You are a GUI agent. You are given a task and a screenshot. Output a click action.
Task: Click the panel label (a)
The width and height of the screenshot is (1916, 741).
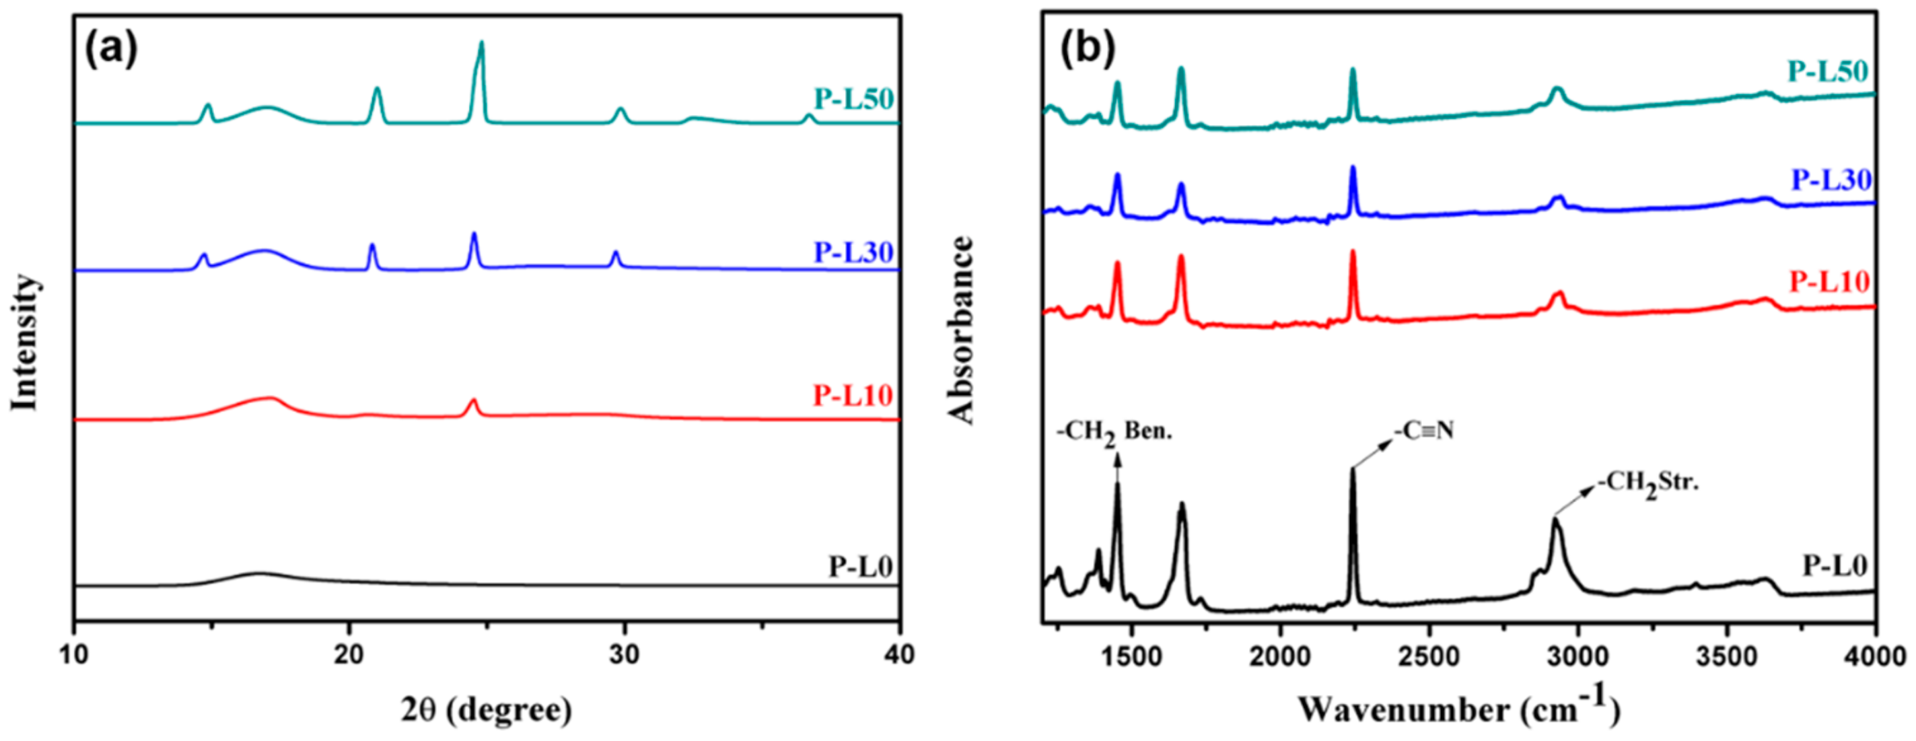pyautogui.click(x=112, y=50)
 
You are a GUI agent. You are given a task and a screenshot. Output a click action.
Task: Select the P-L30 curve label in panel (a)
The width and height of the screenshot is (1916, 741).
pyautogui.click(x=853, y=252)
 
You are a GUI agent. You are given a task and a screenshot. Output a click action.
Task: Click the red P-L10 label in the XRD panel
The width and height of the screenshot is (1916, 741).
pyautogui.click(x=853, y=395)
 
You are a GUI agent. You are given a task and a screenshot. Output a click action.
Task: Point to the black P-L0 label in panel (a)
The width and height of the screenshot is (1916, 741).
pyautogui.click(x=860, y=567)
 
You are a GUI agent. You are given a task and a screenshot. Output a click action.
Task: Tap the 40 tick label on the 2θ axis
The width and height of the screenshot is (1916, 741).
pyautogui.click(x=899, y=655)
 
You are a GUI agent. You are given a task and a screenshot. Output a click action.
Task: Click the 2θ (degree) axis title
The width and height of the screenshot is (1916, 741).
pyautogui.click(x=487, y=709)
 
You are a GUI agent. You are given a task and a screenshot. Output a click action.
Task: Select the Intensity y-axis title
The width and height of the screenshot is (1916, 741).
pyautogui.click(x=24, y=341)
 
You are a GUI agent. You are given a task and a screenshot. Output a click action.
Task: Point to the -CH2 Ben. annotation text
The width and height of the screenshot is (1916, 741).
pyautogui.click(x=1114, y=433)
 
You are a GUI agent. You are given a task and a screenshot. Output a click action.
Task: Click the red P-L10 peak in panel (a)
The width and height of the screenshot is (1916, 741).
pyautogui.click(x=472, y=402)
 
